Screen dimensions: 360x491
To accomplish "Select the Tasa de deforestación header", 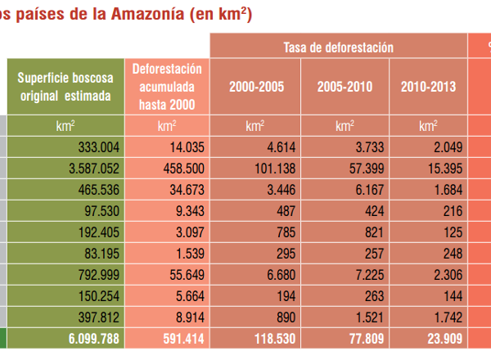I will pyautogui.click(x=338, y=47).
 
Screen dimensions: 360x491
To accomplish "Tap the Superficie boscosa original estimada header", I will pyautogui.click(x=65, y=87).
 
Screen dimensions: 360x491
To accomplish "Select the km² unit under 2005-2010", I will pyautogui.click(x=345, y=127).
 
